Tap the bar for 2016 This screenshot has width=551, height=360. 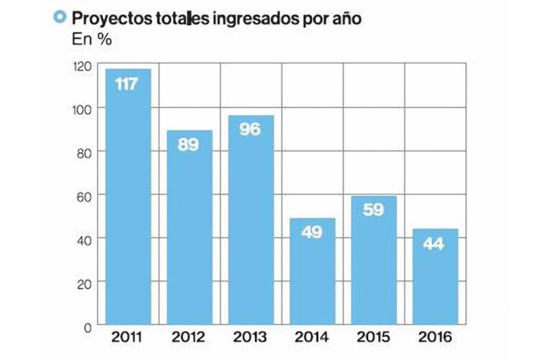click(x=435, y=276)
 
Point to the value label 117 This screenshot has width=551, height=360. click(x=127, y=84)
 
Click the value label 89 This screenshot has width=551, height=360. click(x=189, y=144)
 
